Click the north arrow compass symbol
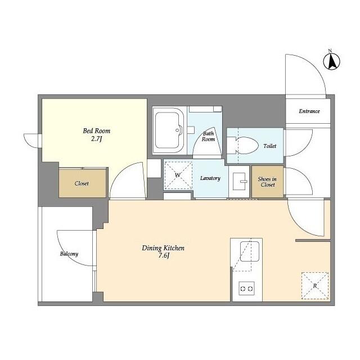coord(331,61)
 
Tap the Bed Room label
coord(96,131)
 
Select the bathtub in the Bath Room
coord(168,130)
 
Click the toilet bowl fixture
coord(242,146)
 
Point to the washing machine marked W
coord(178,175)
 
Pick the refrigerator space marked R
coord(315,286)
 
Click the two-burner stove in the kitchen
coord(246,289)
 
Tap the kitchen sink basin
coord(250,251)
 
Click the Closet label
coord(82,183)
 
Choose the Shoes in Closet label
coord(267,182)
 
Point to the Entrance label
coord(309,111)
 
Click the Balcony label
coord(69,254)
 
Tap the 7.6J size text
coord(163,256)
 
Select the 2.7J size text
coord(96,138)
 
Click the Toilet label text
coord(270,146)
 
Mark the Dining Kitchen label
coord(163,248)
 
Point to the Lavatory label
coord(210,178)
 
